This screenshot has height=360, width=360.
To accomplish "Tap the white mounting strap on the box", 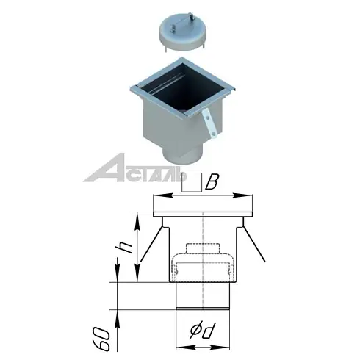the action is point(209,123).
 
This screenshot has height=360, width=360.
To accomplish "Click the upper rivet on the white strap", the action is point(207,118).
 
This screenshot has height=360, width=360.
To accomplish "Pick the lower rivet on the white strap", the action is point(214,134).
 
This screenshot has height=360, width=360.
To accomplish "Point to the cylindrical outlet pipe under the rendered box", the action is point(182,156).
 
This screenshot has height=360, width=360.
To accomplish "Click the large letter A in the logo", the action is point(105,168).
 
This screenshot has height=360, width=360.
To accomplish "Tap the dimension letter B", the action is point(212,182).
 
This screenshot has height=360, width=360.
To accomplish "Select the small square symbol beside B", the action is point(192,182).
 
